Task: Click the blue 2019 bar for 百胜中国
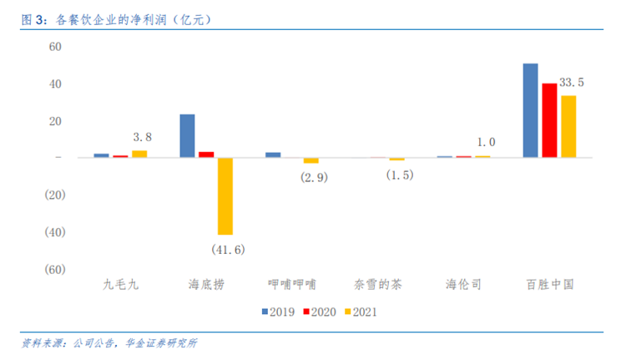pos(530,110)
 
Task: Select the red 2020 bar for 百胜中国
pos(549,120)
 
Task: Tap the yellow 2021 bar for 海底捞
pos(225,196)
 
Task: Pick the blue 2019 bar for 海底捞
pos(187,136)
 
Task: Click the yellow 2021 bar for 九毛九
pos(139,154)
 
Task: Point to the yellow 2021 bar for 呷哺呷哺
pos(311,160)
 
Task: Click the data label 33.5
pos(571,83)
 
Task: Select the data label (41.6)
pos(228,250)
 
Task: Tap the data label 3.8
pos(143,137)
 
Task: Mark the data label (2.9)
pos(314,177)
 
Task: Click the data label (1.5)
pos(400,175)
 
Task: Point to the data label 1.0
pos(487,142)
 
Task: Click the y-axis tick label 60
pos(55,47)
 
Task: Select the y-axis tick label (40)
pos(55,232)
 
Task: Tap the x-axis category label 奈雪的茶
pos(377,285)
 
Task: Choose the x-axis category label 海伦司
pos(463,285)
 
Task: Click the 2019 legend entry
pos(278,312)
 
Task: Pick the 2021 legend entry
pos(361,312)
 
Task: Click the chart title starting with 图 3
pos(116,19)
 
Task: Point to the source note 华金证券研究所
pos(161,343)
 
